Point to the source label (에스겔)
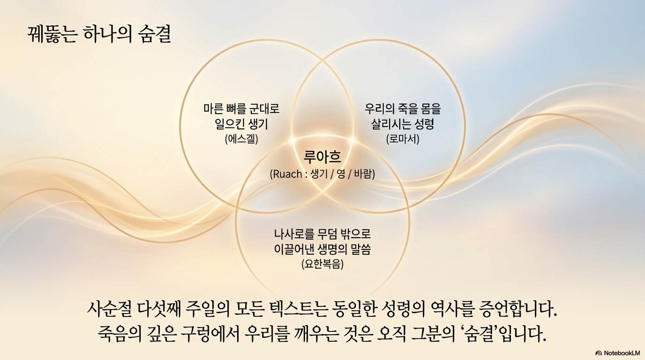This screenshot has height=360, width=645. tap(241, 139)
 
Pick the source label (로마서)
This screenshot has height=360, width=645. tap(403, 139)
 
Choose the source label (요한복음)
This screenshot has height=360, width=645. tap(322, 264)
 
